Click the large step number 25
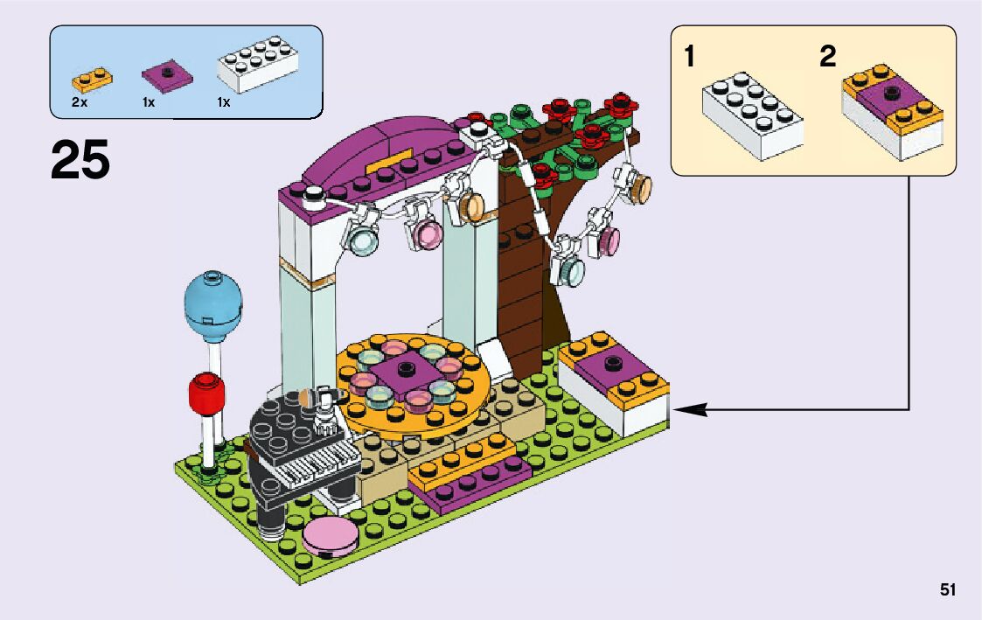[x=80, y=160]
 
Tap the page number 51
[x=948, y=590]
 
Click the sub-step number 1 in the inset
[x=691, y=58]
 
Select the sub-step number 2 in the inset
[x=827, y=58]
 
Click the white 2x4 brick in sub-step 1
[x=752, y=117]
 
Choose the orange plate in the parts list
[x=92, y=80]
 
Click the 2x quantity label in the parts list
[x=80, y=103]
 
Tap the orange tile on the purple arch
[x=391, y=163]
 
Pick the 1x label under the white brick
[x=224, y=103]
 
